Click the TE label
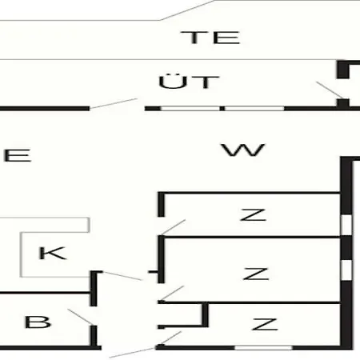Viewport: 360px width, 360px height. (210, 38)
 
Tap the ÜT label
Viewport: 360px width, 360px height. (189, 82)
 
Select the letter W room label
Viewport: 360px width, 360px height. (243, 150)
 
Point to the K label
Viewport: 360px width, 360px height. (53, 253)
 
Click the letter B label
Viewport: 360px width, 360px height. (38, 322)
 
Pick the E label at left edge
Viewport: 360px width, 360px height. (18, 155)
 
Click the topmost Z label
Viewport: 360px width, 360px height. (253, 214)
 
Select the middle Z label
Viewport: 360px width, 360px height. (256, 274)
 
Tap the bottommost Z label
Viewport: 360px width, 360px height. (265, 324)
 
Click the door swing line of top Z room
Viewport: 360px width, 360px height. (174, 227)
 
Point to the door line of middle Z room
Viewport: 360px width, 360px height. (172, 293)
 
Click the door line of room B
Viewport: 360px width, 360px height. (80, 317)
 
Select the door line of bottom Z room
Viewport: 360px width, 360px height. (170, 338)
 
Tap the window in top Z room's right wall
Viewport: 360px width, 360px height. (346, 225)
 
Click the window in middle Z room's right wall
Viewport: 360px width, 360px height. (346, 270)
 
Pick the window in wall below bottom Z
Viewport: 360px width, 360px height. (263, 348)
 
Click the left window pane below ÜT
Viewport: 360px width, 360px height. (190, 109)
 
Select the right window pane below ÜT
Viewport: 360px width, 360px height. (254, 109)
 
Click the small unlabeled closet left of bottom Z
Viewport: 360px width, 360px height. (183, 314)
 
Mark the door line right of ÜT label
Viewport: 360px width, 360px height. (330, 90)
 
